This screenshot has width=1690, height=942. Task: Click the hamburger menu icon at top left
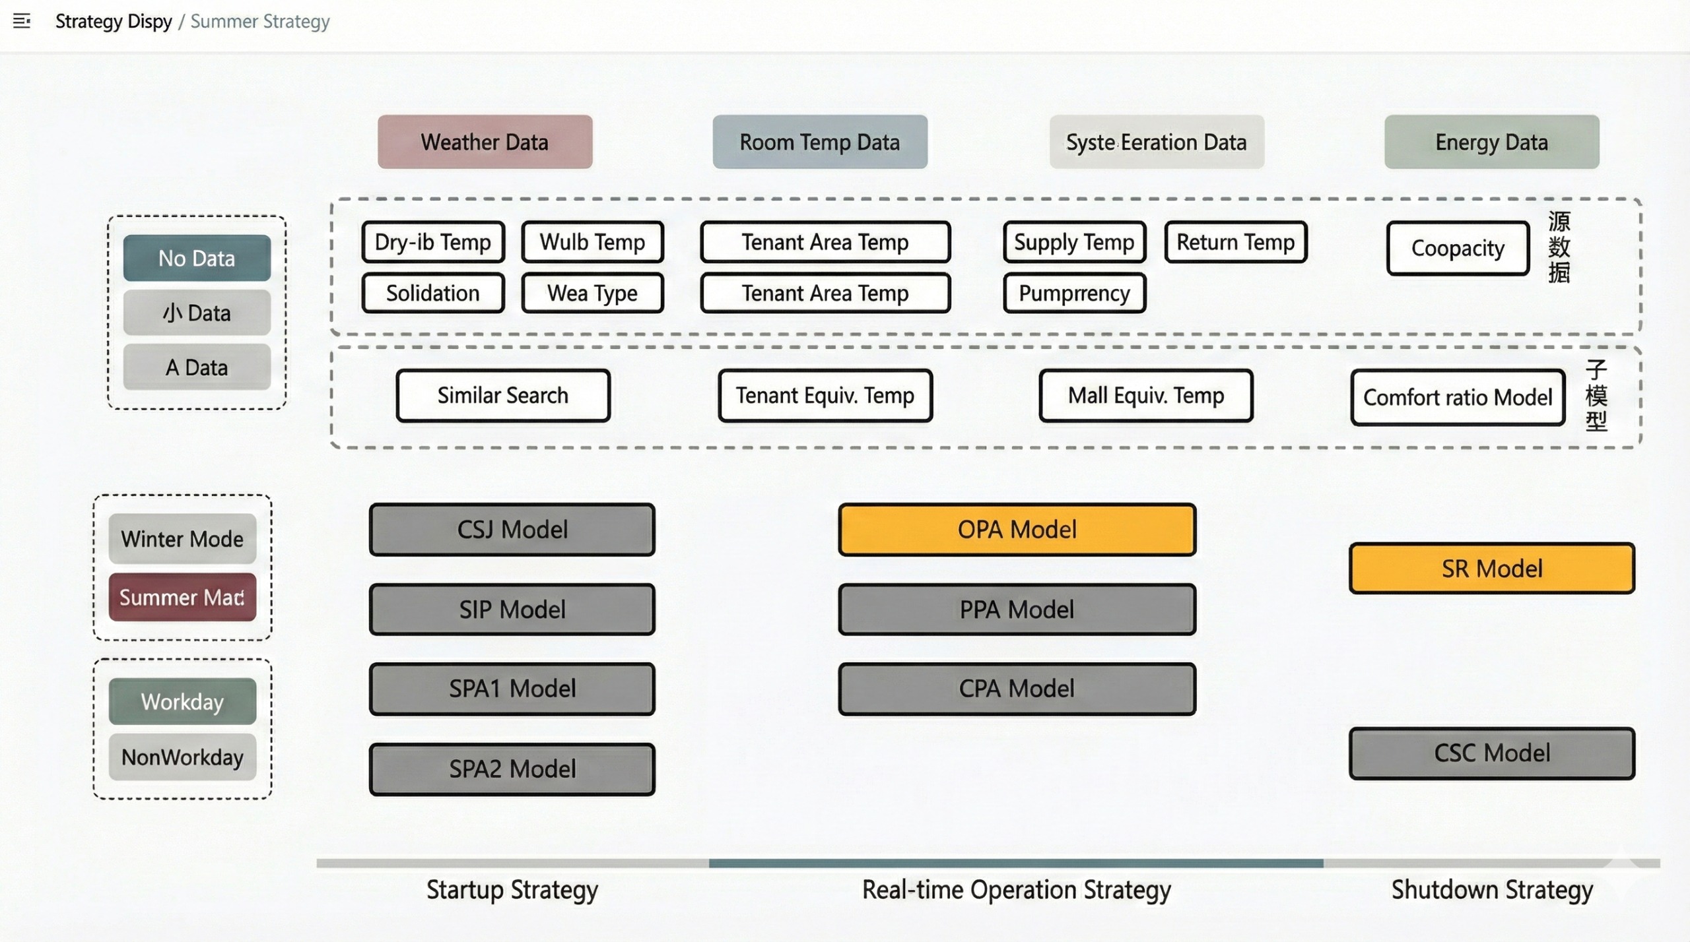[22, 21]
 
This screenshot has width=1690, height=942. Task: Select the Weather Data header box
[485, 142]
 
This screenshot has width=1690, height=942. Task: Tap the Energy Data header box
[1491, 142]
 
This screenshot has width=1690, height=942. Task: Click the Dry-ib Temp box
[433, 242]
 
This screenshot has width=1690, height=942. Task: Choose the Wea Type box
[592, 293]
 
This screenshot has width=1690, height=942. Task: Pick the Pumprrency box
[1074, 293]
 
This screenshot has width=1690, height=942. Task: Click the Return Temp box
[1235, 242]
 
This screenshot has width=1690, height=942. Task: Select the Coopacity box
[1458, 248]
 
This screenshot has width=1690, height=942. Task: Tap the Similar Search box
[503, 395]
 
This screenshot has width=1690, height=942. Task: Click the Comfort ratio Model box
[1458, 397]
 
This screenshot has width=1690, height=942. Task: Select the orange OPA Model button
[1017, 529]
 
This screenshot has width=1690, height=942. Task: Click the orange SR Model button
[1491, 568]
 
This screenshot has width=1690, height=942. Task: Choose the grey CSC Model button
[1491, 753]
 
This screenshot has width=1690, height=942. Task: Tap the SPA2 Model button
[512, 769]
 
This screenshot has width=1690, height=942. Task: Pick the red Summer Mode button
[182, 597]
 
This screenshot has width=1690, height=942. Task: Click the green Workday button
[182, 701]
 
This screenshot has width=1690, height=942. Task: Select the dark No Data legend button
[197, 258]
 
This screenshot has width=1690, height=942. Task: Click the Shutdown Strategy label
[1492, 890]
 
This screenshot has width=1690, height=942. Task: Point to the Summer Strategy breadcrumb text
[260, 21]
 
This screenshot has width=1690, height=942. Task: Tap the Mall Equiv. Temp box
[1146, 395]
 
